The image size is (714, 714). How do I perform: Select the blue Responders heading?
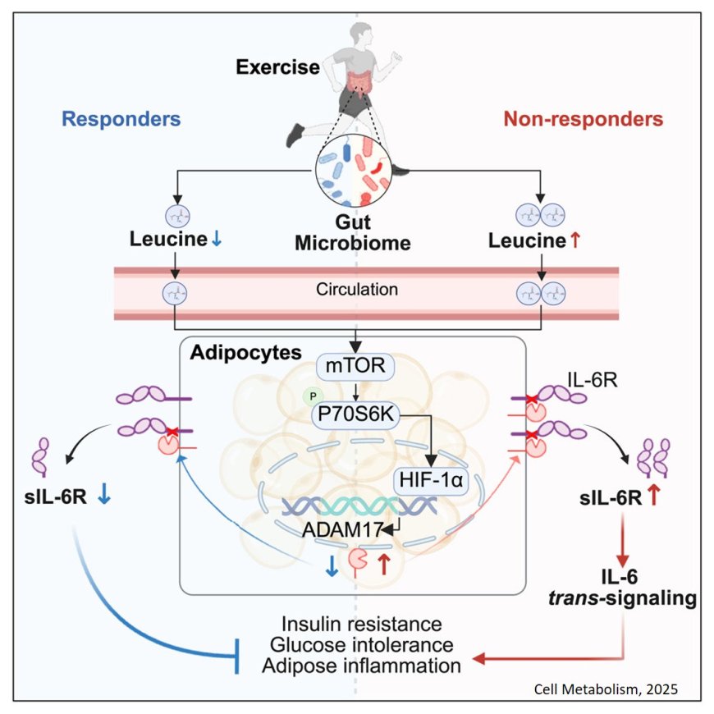121,118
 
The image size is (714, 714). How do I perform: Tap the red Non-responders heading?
584,118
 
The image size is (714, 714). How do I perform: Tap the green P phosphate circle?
310,396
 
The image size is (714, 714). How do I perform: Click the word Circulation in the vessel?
356,290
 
